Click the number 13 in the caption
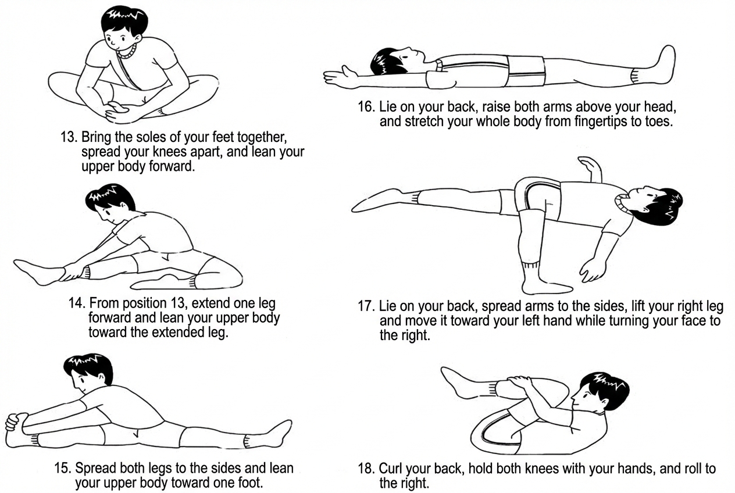tap(69, 137)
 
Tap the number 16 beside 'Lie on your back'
tap(366, 107)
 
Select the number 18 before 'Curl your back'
tap(366, 469)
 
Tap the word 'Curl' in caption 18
tap(391, 469)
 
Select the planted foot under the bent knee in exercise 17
tap(545, 284)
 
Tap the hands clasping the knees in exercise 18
tap(522, 388)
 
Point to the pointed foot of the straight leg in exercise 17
tap(377, 200)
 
